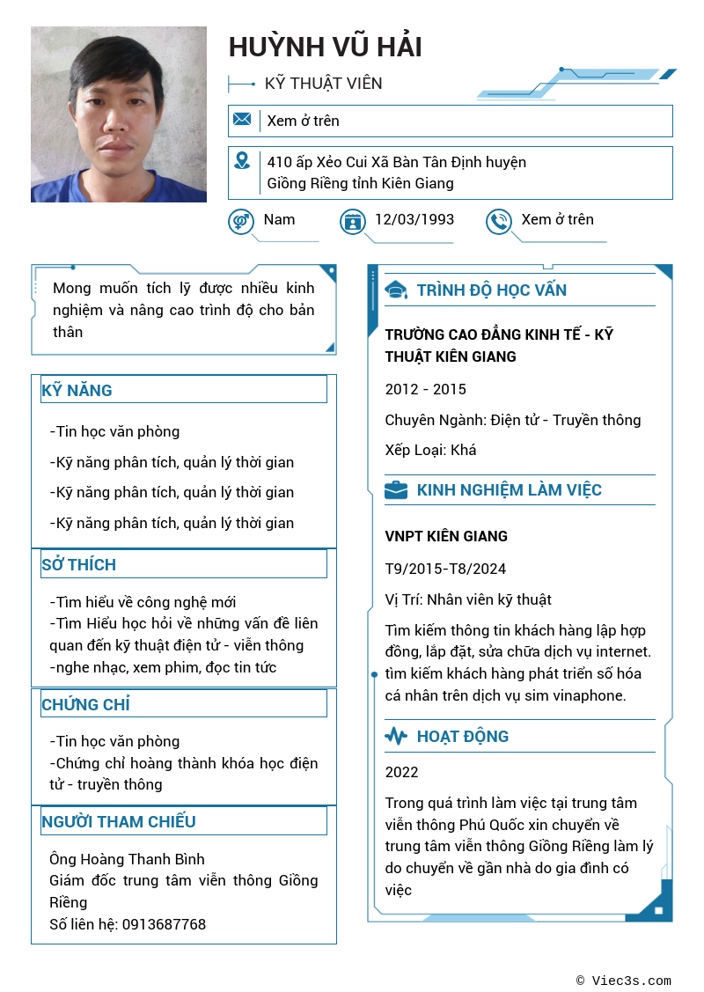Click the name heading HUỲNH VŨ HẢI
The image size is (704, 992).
point(326,48)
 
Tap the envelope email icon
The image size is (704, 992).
point(242,120)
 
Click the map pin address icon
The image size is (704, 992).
point(242,161)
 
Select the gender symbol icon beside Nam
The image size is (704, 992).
point(240,221)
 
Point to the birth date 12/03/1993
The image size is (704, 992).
point(414,219)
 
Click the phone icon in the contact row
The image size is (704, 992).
point(499,221)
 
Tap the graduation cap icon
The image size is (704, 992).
point(397,290)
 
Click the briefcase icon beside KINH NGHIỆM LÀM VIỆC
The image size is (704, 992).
point(396,490)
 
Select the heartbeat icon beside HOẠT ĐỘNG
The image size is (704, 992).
point(396,737)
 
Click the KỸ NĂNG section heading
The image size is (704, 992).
point(77,390)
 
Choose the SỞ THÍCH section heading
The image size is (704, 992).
point(79,564)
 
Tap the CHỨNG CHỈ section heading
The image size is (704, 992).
point(85,704)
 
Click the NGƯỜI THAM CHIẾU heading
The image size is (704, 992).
point(119,821)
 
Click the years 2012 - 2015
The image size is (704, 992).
point(426,389)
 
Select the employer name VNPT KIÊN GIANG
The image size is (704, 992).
point(446,536)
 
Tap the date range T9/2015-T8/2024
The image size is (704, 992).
point(445,569)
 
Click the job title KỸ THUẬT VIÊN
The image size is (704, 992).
point(324,84)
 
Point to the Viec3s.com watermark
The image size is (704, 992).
point(624,981)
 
